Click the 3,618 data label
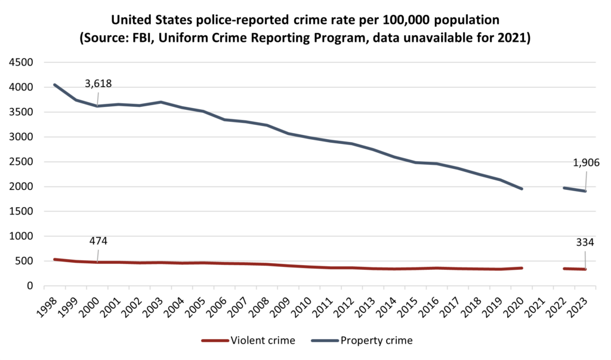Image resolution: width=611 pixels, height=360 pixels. [x=98, y=84]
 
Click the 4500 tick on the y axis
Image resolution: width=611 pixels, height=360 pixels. [x=21, y=63]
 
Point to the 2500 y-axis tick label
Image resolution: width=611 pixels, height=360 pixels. [x=21, y=162]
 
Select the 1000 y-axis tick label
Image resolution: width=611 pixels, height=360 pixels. [x=21, y=236]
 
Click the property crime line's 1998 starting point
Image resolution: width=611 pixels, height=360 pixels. [x=54, y=85]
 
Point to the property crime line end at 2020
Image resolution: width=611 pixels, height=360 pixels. [x=522, y=189]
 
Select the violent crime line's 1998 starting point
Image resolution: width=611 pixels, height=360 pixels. [x=54, y=259]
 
